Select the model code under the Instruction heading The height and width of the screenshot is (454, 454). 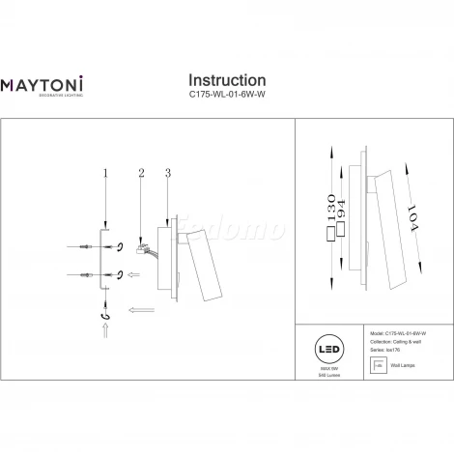227,99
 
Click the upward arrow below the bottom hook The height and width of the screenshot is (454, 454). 105,337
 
